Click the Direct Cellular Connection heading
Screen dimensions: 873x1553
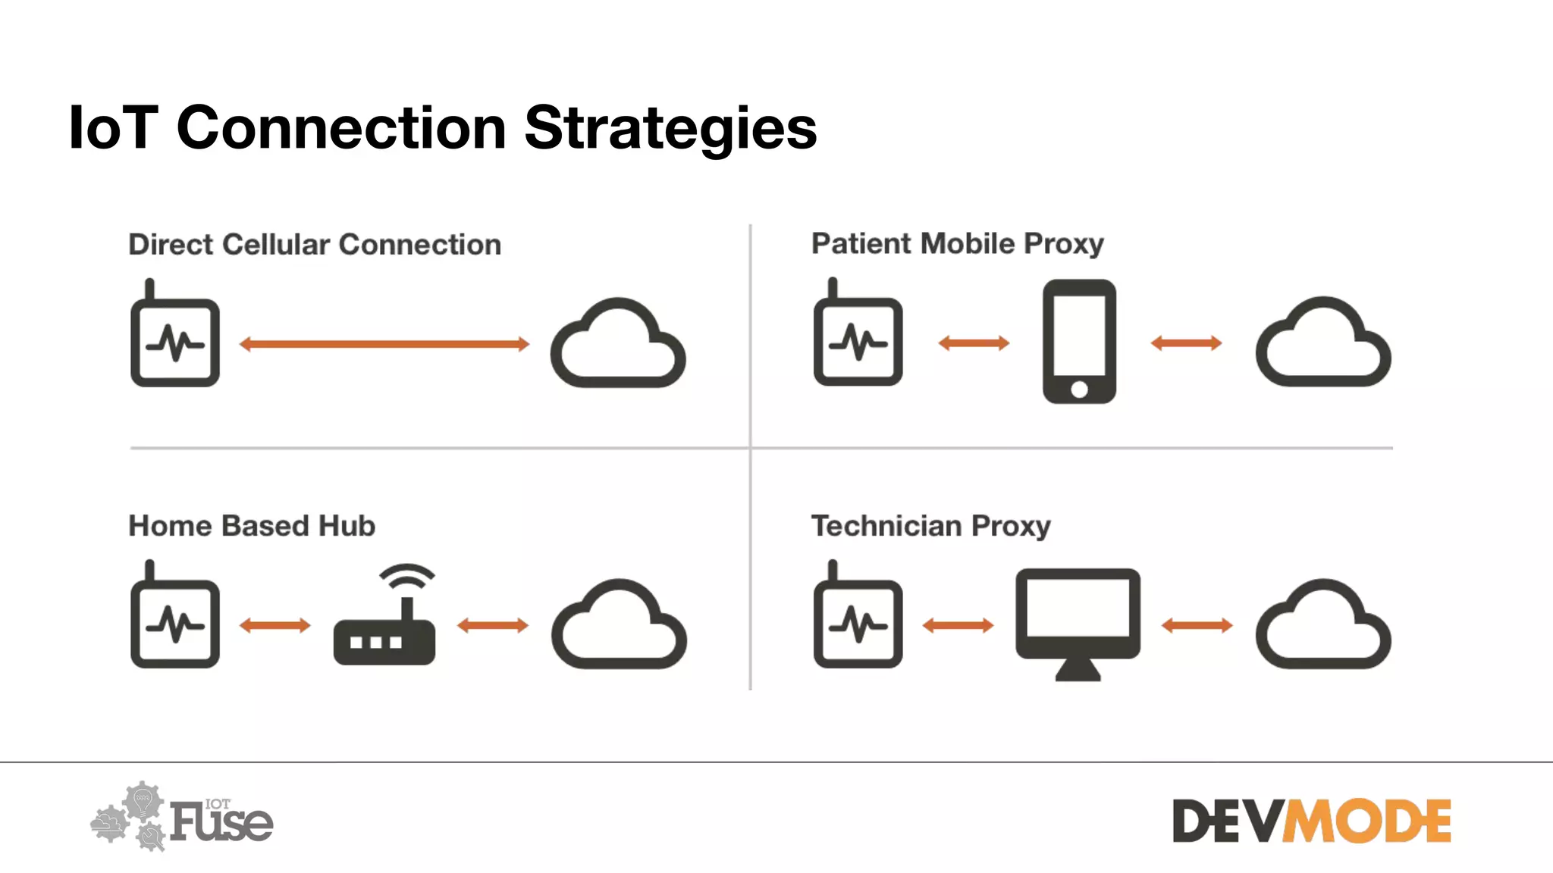pyautogui.click(x=315, y=245)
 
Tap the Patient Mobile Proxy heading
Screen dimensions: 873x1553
pyautogui.click(x=957, y=244)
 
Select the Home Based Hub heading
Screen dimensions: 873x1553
pyautogui.click(x=252, y=526)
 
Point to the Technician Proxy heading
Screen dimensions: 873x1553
pyautogui.click(x=930, y=526)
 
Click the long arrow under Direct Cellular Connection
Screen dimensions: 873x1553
pyautogui.click(x=384, y=344)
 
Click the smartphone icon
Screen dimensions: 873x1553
pyautogui.click(x=1079, y=341)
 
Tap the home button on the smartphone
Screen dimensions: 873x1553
pyautogui.click(x=1079, y=390)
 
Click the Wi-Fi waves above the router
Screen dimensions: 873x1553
pyautogui.click(x=407, y=577)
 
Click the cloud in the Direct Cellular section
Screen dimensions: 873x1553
pyautogui.click(x=618, y=345)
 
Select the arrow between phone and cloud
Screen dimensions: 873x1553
pyautogui.click(x=1186, y=343)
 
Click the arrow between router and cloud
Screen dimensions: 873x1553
pyautogui.click(x=493, y=625)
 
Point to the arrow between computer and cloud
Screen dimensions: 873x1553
pyautogui.click(x=1197, y=625)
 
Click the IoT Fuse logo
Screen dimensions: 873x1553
pyautogui.click(x=182, y=818)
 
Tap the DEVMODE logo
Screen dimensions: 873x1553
pyautogui.click(x=1311, y=821)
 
